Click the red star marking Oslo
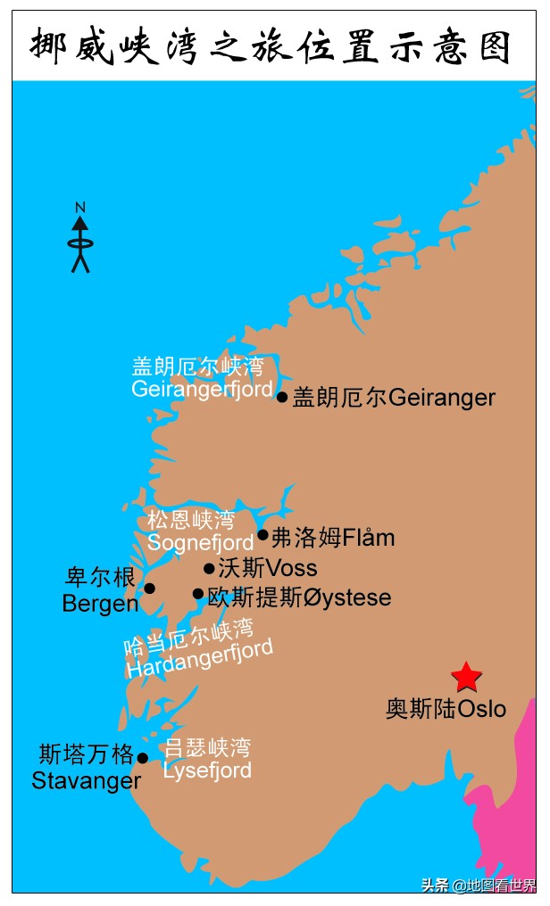466,678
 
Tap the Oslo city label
446,709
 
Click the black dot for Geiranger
282,397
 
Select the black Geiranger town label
394,397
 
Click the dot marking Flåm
262,535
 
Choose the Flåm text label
333,538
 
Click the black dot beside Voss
209,568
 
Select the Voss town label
268,568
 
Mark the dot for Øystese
198,594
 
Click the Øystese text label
299,597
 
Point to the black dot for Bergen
149,589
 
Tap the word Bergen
100,604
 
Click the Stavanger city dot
142,758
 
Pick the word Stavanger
87,781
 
